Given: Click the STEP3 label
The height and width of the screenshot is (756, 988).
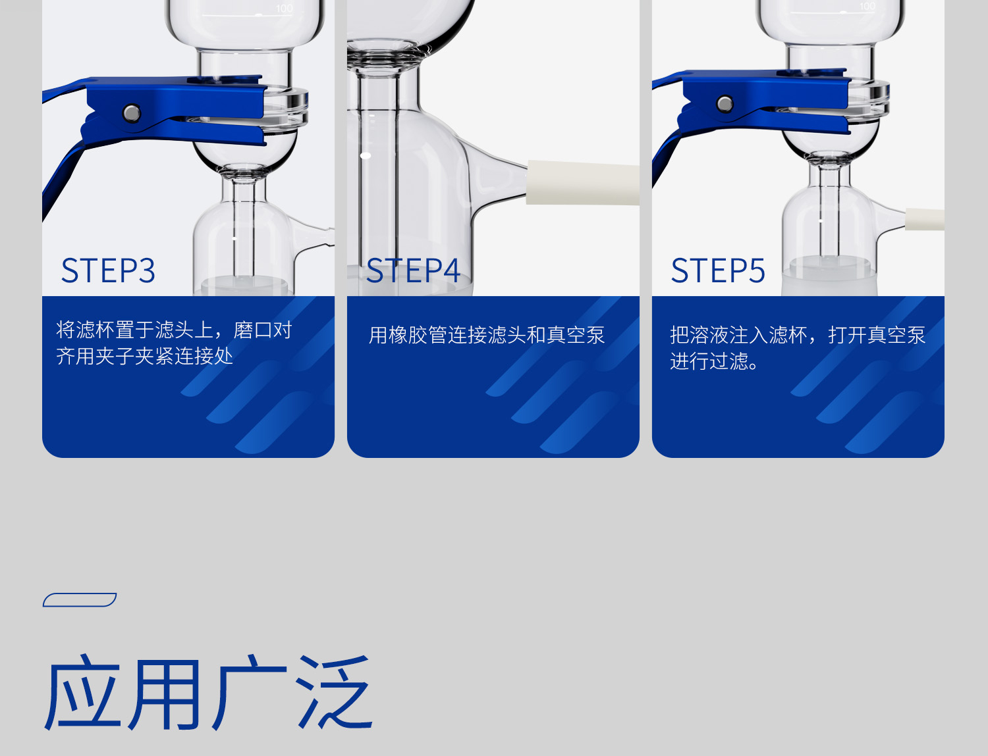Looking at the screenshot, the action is click(x=108, y=270).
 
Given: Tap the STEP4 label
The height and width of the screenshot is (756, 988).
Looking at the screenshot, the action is click(x=413, y=270).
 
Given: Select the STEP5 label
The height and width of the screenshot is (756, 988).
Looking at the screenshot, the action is click(x=718, y=270).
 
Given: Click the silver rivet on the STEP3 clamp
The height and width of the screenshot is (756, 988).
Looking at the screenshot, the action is click(x=132, y=113).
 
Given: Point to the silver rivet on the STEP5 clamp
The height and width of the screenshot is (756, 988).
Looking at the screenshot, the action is click(x=725, y=104).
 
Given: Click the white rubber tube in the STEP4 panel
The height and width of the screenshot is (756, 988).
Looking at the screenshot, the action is click(x=583, y=182).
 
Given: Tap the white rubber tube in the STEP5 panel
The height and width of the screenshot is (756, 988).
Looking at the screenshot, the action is click(x=924, y=219).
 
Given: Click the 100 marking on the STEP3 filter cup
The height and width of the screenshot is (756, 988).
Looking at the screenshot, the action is click(x=284, y=9).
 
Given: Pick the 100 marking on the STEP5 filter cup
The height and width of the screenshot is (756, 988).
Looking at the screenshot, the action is click(x=867, y=7).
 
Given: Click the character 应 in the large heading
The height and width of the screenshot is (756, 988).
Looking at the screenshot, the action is click(x=83, y=692).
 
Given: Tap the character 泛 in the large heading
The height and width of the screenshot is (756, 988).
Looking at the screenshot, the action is click(x=335, y=692).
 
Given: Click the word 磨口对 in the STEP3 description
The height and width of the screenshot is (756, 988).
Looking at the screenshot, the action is click(x=262, y=330).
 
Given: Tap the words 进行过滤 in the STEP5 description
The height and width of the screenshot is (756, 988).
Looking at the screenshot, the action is click(x=709, y=361).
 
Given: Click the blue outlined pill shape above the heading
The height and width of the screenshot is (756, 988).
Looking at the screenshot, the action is click(x=80, y=600).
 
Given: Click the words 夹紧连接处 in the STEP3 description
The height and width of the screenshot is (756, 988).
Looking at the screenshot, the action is click(x=184, y=357).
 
